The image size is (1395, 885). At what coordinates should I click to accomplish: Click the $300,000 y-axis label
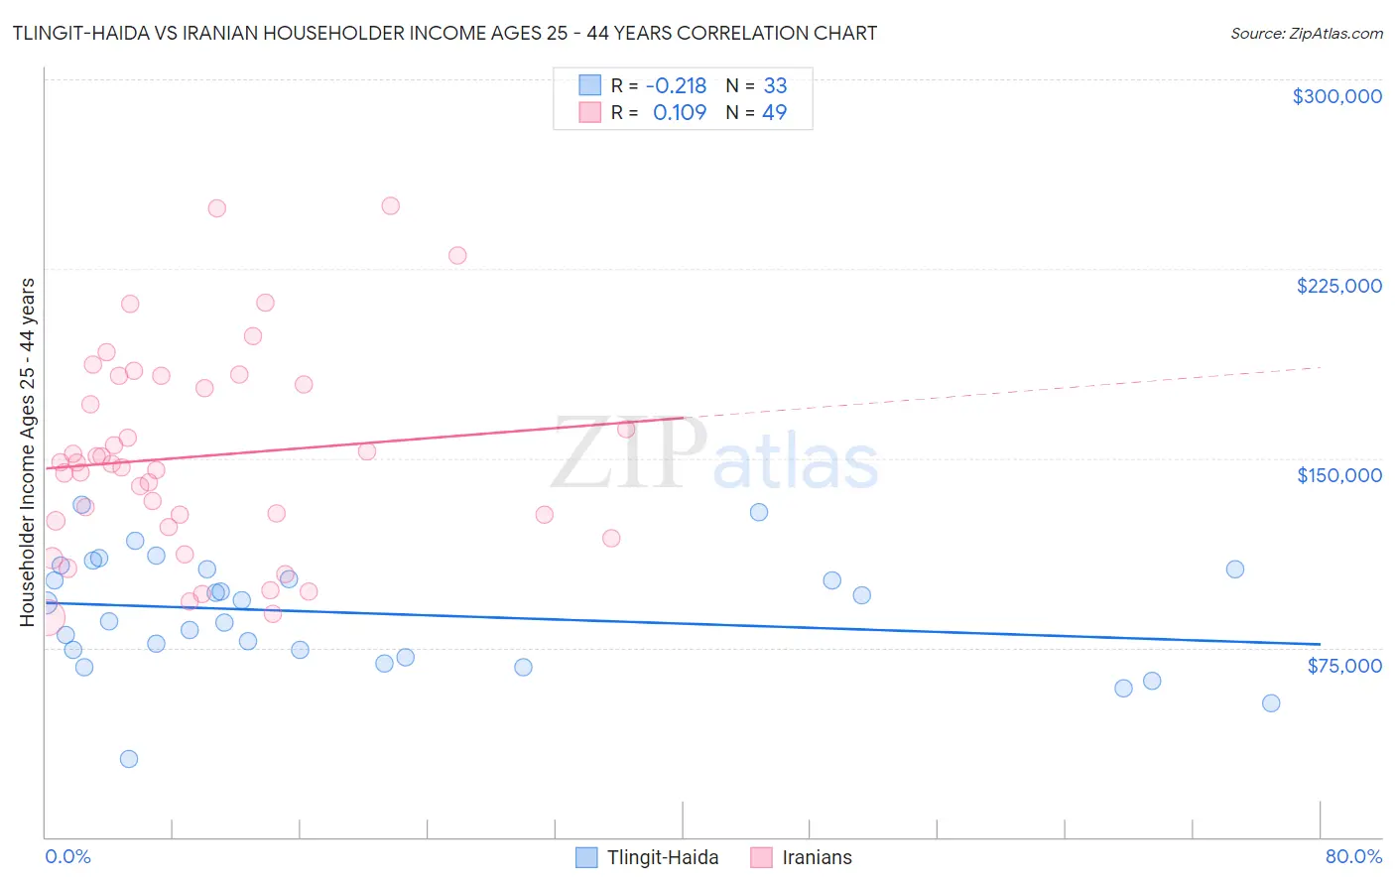[1336, 96]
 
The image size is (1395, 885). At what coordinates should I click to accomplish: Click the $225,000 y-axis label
[1338, 286]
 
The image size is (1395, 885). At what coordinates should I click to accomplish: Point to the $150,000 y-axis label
[1338, 475]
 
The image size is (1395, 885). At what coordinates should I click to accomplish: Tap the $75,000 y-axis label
[1343, 666]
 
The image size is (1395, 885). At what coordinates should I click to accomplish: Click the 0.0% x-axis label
[67, 857]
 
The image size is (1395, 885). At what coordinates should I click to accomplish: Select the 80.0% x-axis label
[1353, 857]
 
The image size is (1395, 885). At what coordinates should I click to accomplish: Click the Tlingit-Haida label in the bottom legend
[663, 857]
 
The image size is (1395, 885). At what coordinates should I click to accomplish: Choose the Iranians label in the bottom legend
[817, 857]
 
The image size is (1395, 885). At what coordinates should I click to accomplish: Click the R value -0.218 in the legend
[676, 85]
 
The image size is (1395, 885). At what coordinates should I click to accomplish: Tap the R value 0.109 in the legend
[680, 112]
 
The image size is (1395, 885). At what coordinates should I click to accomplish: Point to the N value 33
[775, 85]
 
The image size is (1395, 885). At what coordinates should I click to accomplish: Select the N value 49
[774, 112]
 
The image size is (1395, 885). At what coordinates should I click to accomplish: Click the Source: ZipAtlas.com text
[1306, 33]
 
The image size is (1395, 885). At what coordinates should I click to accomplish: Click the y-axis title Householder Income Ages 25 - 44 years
[27, 452]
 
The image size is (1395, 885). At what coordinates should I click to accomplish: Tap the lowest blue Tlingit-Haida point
[129, 759]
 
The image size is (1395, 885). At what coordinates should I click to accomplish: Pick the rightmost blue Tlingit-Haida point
[1271, 703]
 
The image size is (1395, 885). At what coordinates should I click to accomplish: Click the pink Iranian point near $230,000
[457, 255]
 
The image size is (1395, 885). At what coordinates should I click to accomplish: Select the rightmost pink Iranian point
[626, 429]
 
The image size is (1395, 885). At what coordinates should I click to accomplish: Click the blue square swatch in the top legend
[589, 85]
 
